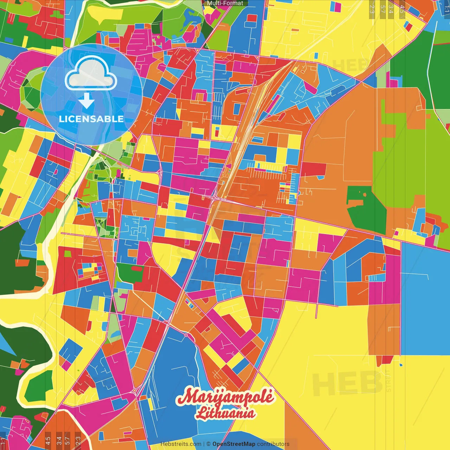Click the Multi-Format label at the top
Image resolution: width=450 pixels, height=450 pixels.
coord(225,3)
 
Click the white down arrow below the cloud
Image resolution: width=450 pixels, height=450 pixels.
coord(86,100)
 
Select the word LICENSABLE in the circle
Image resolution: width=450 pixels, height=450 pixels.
coord(91,119)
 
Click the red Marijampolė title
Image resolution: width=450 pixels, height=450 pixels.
coord(225,397)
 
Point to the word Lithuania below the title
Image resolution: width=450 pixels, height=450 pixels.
coord(226,413)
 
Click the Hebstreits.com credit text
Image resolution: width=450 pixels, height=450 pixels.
coord(181,444)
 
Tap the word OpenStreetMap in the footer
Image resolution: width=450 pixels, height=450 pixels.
coord(233,444)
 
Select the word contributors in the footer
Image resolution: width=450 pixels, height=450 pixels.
coord(273,444)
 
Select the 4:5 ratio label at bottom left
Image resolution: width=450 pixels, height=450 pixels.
coord(48,441)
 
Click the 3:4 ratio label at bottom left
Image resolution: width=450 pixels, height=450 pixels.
coord(59,441)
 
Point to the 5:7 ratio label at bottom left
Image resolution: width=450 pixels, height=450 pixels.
coord(67,441)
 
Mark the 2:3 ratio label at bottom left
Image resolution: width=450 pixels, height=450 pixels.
coord(78,441)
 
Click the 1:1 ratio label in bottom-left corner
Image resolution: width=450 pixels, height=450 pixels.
coord(3,442)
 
